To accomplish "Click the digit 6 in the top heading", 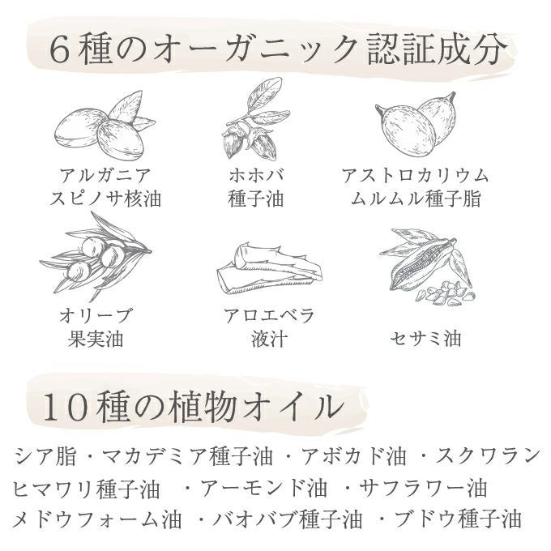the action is pyautogui.click(x=59, y=49).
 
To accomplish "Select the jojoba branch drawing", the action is pyautogui.click(x=256, y=119).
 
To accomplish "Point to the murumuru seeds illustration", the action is pyautogui.click(x=416, y=124).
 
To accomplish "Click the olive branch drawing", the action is pyautogui.click(x=96, y=257).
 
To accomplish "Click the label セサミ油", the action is pyautogui.click(x=425, y=339).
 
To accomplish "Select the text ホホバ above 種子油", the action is pyautogui.click(x=256, y=175).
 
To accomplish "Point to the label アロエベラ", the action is pyautogui.click(x=269, y=315).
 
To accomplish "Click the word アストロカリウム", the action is pyautogui.click(x=416, y=175).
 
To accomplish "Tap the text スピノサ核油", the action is pyautogui.click(x=105, y=199).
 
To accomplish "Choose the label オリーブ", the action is pyautogui.click(x=96, y=315).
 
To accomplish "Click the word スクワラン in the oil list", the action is pyautogui.click(x=489, y=455).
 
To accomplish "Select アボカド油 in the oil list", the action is pyautogui.click(x=354, y=455).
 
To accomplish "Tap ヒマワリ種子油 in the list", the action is pyautogui.click(x=87, y=488).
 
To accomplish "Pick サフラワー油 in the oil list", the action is pyautogui.click(x=424, y=488).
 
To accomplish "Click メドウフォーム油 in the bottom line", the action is pyautogui.click(x=97, y=519).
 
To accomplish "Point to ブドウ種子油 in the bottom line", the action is pyautogui.click(x=459, y=519).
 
